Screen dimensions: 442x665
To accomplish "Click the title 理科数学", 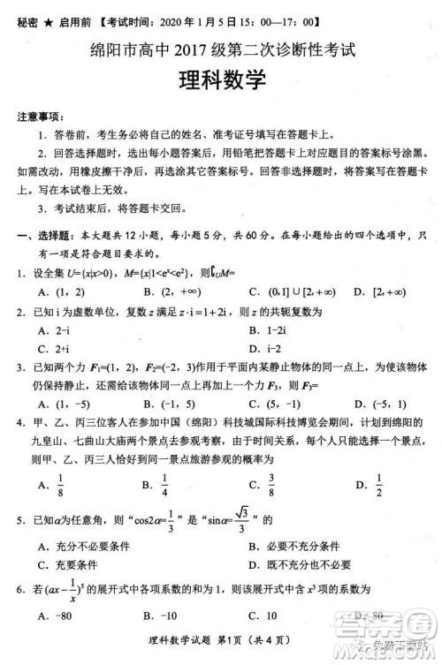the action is pyautogui.click(x=221, y=83).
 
